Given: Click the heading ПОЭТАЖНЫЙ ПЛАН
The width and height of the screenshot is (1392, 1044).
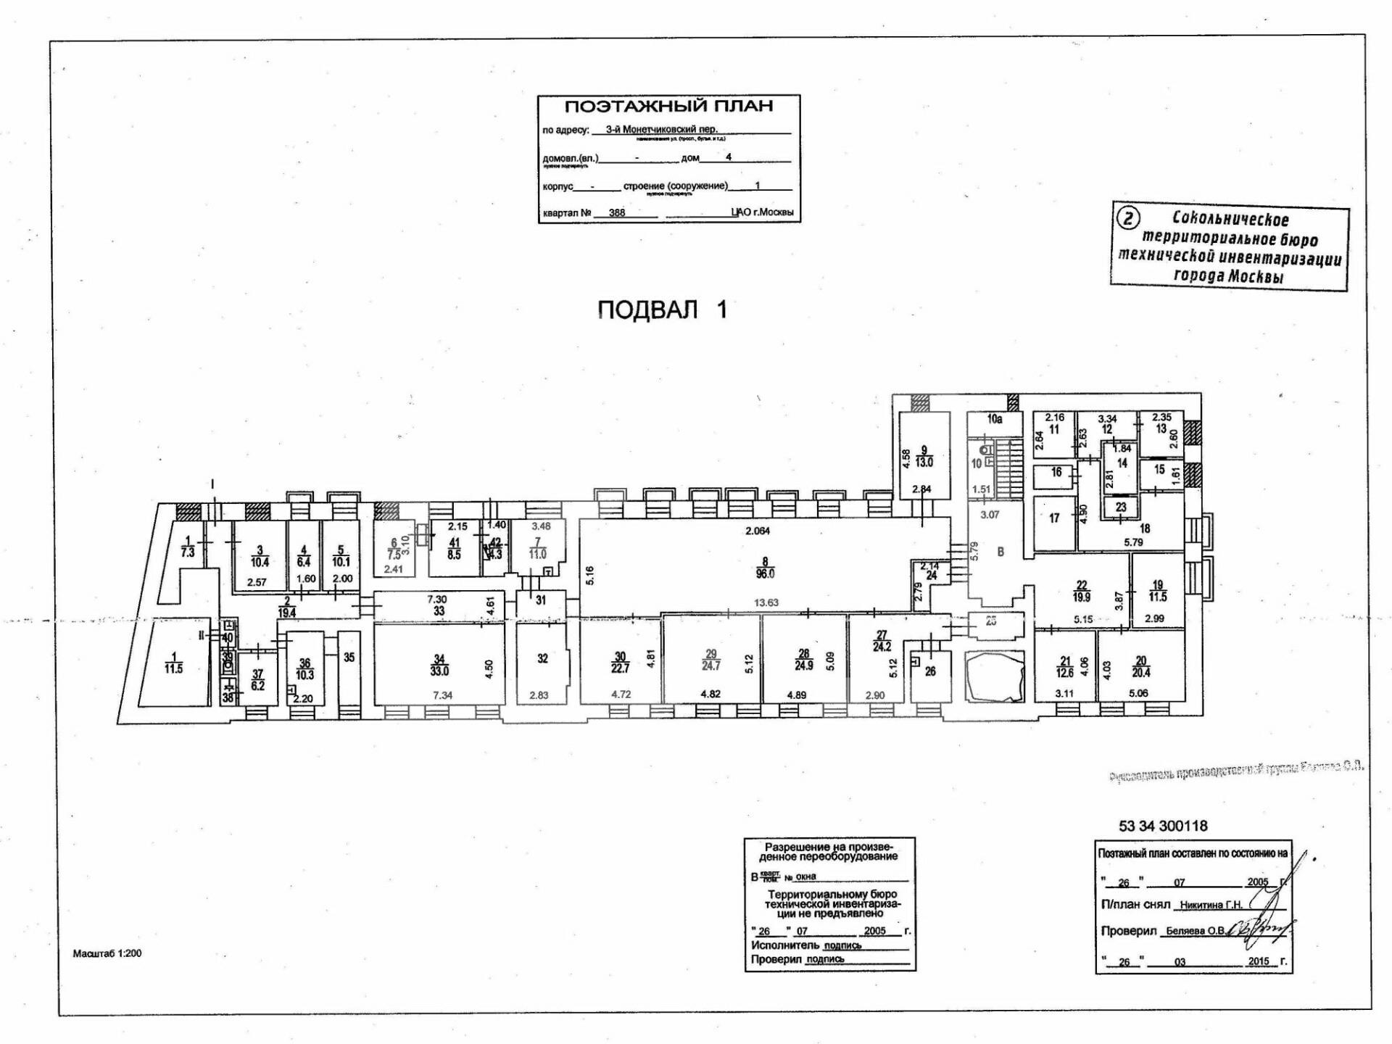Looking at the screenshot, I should (668, 107).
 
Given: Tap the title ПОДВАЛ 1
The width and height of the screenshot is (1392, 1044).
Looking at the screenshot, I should (661, 310).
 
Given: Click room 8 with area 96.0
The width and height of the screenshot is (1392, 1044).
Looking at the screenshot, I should (765, 567).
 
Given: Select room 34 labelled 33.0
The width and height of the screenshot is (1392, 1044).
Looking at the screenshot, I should (439, 665).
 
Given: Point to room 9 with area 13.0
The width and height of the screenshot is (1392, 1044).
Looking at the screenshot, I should (924, 456).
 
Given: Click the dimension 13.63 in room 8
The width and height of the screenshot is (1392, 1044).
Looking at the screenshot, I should (766, 602).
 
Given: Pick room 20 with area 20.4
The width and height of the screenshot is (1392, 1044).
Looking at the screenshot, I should (1141, 666).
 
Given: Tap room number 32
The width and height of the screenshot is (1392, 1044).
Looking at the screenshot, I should (542, 659).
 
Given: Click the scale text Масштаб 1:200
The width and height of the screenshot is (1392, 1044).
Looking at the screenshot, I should (107, 953).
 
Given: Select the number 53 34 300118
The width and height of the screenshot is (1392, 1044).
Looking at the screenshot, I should (1163, 826).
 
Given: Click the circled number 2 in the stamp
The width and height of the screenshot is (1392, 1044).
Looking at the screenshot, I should (1130, 217).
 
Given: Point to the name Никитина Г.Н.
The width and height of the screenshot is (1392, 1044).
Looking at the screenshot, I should (1211, 905).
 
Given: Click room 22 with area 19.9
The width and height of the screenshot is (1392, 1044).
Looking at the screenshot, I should (1082, 592).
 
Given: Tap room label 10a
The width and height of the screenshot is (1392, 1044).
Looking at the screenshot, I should (994, 419).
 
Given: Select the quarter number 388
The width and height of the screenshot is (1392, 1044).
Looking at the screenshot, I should (617, 214).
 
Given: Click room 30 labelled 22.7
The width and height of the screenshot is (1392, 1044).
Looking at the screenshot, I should (620, 663).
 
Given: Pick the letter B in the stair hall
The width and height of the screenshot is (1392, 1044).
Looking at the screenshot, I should (1000, 552).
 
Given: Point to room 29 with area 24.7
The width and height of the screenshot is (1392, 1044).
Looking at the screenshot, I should (710, 660).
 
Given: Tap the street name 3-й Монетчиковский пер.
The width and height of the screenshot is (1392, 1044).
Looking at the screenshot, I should (661, 130).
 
